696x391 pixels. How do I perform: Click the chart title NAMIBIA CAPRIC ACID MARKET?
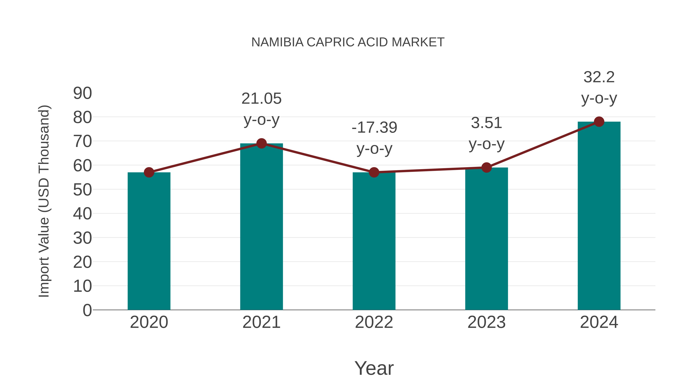pyautogui.click(x=348, y=42)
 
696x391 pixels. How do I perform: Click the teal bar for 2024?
pyautogui.click(x=599, y=216)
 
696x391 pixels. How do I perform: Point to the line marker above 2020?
pyautogui.click(x=149, y=172)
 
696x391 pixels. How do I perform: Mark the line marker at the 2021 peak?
pyautogui.click(x=261, y=143)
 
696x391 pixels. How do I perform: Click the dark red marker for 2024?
pyautogui.click(x=599, y=122)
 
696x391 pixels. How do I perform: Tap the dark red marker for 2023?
pyautogui.click(x=486, y=168)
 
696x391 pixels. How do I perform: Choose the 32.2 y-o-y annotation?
pyautogui.click(x=599, y=87)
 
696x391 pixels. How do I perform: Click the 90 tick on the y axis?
pyautogui.click(x=82, y=93)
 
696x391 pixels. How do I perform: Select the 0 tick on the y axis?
pyautogui.click(x=87, y=310)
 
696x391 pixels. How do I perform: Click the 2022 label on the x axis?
pyautogui.click(x=374, y=322)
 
